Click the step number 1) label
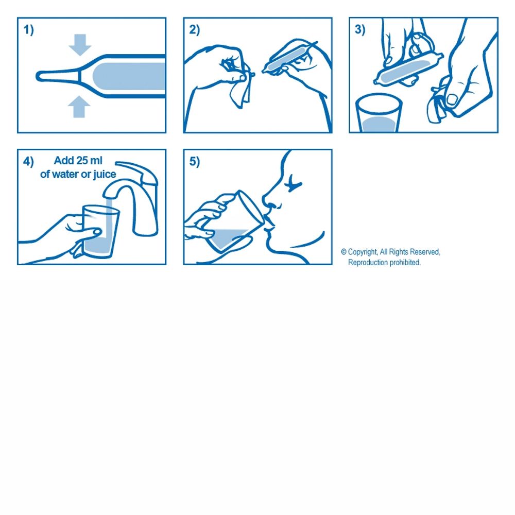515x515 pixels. pyautogui.click(x=28, y=30)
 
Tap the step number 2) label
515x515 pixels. pyautogui.click(x=194, y=30)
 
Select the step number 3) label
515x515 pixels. pyautogui.click(x=360, y=30)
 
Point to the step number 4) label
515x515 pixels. pyautogui.click(x=28, y=162)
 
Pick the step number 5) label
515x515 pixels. pyautogui.click(x=194, y=162)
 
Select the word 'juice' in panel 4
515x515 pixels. pyautogui.click(x=104, y=174)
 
